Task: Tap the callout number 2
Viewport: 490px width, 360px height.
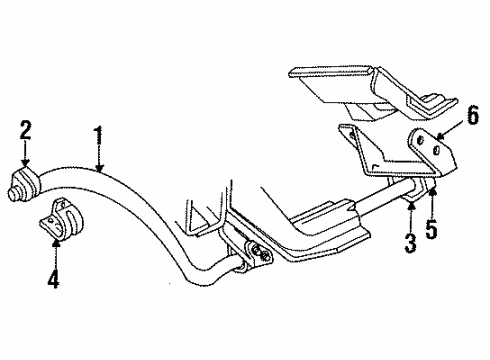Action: point(26,129)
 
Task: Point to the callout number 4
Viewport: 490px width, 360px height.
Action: point(53,279)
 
